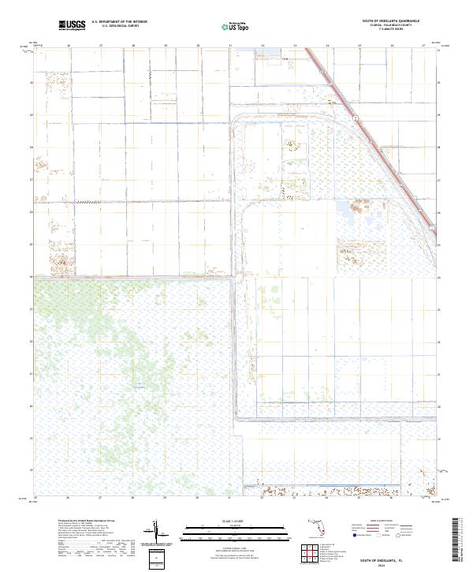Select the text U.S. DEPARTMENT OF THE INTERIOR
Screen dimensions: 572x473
tap(119, 22)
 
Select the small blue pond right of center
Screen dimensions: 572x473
tap(348, 208)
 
